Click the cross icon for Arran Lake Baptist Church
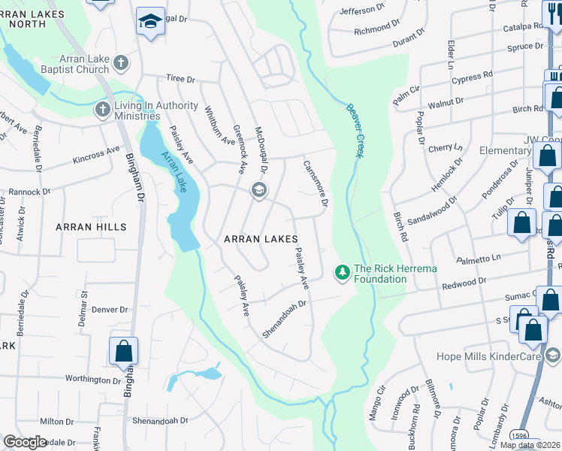coord(121,63)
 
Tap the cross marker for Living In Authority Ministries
coord(102,110)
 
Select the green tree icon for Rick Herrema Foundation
coord(343,271)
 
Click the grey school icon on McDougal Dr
coord(258,189)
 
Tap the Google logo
coord(25,442)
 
